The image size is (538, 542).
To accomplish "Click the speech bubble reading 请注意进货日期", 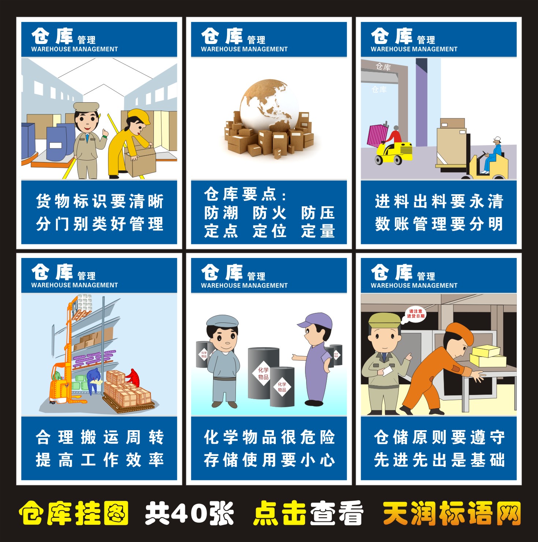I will pos(415,314).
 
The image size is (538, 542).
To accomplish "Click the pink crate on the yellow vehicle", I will pos(377,135).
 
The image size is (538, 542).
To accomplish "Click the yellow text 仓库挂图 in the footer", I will pos(74,513).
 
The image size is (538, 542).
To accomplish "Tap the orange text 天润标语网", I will pos(452,513).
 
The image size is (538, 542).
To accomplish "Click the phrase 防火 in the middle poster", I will pos(269,213).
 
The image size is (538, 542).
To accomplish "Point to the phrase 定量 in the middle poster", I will pos(318,231).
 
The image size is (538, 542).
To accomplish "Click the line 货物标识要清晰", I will pos(99,202).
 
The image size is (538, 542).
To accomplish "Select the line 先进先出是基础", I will pos(439,460).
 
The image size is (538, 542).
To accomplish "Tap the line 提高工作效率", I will pos(99,460).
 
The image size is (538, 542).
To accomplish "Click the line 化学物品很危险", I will pos(269,437).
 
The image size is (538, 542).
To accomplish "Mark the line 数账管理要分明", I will pos(439,224).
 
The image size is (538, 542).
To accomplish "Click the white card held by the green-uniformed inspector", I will pos(387,371).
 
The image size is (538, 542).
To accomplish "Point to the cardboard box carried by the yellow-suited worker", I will pos(141,161).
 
